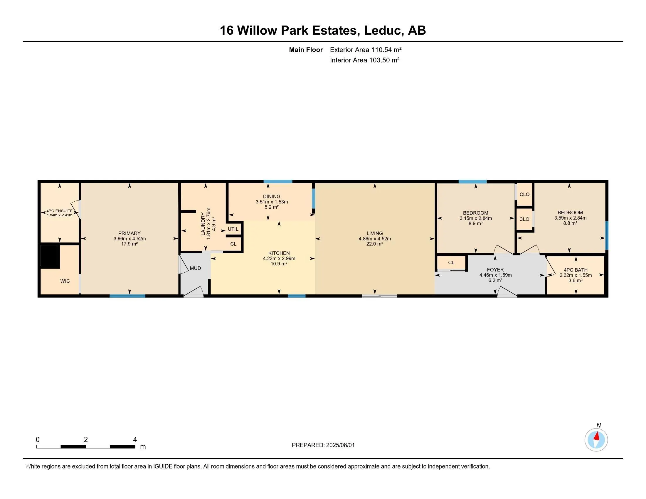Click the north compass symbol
tap(596, 440)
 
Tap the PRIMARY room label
tap(129, 233)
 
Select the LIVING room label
tap(374, 233)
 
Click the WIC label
tap(65, 281)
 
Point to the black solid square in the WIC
tap(50, 256)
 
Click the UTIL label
tap(233, 229)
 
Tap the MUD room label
tap(195, 268)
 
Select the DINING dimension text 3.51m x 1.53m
tap(272, 202)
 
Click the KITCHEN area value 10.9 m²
tap(279, 264)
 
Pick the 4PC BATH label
tap(575, 270)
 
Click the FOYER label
tap(495, 269)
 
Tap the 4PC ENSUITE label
tap(59, 211)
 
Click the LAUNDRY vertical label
tap(203, 223)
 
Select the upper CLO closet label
tap(524, 194)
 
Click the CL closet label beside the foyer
tap(451, 262)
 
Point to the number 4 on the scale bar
tap(135, 440)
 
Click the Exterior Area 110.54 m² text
tap(366, 50)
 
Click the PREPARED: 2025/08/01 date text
tap(323, 445)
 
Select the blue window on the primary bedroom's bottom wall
tap(127, 296)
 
